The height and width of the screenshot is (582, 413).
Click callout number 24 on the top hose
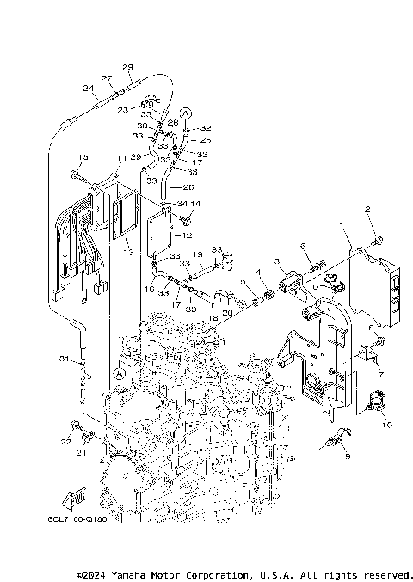click(x=89, y=87)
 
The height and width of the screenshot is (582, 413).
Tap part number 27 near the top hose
click(x=108, y=78)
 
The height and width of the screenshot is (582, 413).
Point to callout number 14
click(x=194, y=204)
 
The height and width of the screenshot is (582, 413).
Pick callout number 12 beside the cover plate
click(x=188, y=235)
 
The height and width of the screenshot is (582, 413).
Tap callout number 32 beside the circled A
click(x=206, y=127)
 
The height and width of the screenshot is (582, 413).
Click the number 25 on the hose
click(x=205, y=138)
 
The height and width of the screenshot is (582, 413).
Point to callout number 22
click(x=65, y=441)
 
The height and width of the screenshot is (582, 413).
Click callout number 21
click(x=83, y=453)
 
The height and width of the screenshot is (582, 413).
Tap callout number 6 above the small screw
click(x=304, y=246)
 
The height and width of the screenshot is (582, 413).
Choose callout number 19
click(x=196, y=254)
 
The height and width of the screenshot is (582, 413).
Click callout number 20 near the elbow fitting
click(x=226, y=312)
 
